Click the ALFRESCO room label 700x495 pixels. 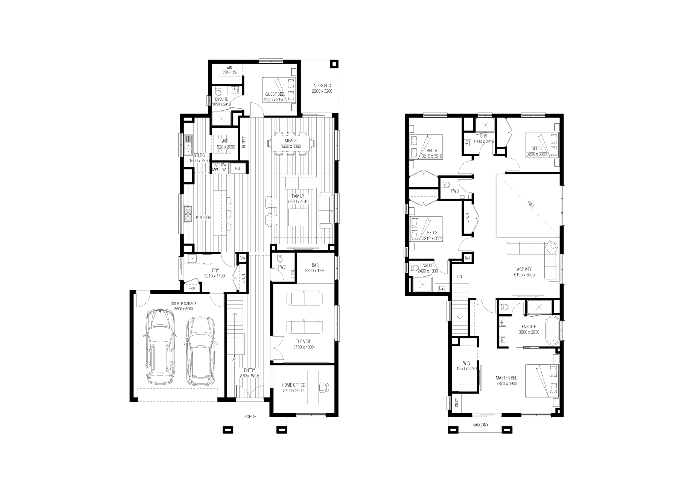pyautogui.click(x=322, y=86)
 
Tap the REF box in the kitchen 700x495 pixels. pyautogui.click(x=238, y=168)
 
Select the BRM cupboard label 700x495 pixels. pyautogui.click(x=192, y=288)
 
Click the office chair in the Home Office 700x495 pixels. pyautogui.click(x=324, y=388)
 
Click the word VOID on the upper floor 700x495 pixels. pyautogui.click(x=531, y=204)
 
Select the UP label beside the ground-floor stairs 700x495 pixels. pyautogui.click(x=233, y=359)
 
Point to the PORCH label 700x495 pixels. pyautogui.click(x=250, y=417)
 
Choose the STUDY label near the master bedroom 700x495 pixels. pyautogui.click(x=457, y=402)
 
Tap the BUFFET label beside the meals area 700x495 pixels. pyautogui.click(x=244, y=142)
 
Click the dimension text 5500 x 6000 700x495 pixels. pyautogui.click(x=183, y=309)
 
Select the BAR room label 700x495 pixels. pyautogui.click(x=315, y=265)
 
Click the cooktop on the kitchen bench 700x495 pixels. pyautogui.click(x=188, y=214)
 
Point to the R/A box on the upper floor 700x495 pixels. pyautogui.click(x=467, y=259)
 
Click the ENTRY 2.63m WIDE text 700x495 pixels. pyautogui.click(x=249, y=373)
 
